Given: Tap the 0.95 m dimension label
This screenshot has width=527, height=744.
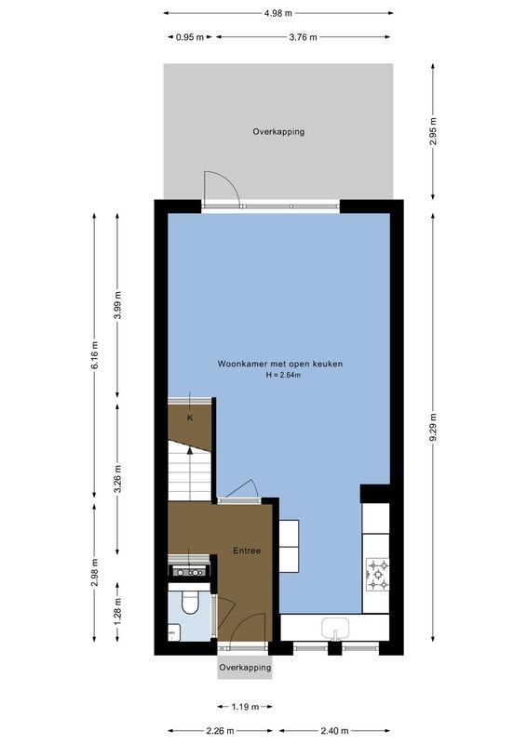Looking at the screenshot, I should pyautogui.click(x=190, y=37).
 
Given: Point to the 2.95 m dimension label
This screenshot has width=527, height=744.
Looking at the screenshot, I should pyautogui.click(x=432, y=131).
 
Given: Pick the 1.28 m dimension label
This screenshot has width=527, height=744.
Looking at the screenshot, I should pyautogui.click(x=117, y=611).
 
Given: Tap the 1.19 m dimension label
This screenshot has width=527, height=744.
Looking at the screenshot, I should pyautogui.click(x=245, y=707).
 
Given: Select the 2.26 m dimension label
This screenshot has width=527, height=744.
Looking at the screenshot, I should pyautogui.click(x=221, y=730).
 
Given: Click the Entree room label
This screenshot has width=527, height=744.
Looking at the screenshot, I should pyautogui.click(x=247, y=551).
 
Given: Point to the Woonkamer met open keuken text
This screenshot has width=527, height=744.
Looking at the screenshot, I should pyautogui.click(x=280, y=364).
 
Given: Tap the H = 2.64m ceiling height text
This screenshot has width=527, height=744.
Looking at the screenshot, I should pyautogui.click(x=283, y=375).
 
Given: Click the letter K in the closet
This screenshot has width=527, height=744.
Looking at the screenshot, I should pyautogui.click(x=190, y=418).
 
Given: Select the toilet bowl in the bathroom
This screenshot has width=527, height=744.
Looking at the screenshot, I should pyautogui.click(x=190, y=603).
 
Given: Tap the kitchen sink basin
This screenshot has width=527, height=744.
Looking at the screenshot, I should pyautogui.click(x=334, y=630).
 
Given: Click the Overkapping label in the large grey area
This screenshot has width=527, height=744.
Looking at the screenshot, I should pyautogui.click(x=278, y=132).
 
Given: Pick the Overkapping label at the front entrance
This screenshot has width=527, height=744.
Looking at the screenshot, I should pyautogui.click(x=245, y=668).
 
